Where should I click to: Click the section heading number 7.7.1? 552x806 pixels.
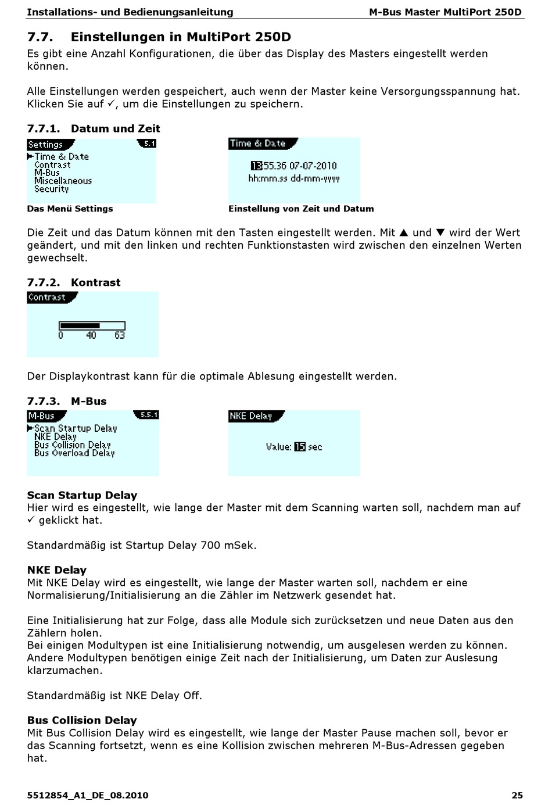[44, 128]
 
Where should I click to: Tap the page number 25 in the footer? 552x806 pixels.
[517, 795]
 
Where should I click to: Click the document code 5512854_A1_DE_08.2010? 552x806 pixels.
[88, 795]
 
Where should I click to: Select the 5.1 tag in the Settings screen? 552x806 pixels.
[149, 144]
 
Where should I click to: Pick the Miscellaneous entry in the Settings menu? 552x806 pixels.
[63, 181]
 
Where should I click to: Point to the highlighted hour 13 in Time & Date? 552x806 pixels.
[256, 166]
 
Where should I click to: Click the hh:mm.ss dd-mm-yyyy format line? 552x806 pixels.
[293, 178]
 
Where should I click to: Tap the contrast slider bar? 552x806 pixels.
[92, 325]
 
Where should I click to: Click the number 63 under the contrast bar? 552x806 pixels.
[120, 335]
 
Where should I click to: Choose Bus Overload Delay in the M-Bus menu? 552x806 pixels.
[74, 453]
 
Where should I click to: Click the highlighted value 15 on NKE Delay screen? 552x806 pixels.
[300, 447]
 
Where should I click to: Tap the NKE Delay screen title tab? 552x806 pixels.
[252, 416]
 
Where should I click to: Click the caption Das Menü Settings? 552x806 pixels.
[70, 209]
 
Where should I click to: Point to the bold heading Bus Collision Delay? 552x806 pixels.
[82, 720]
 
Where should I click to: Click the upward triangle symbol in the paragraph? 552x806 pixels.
[404, 232]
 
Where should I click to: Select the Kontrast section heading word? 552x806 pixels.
[96, 282]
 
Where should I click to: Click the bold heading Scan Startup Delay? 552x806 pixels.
[82, 495]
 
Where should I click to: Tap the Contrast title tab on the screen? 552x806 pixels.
[47, 298]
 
